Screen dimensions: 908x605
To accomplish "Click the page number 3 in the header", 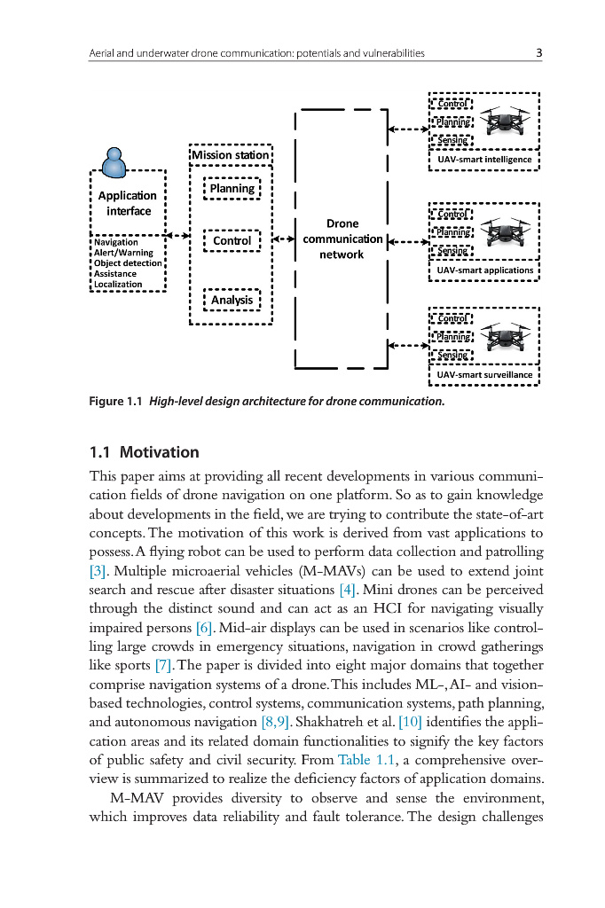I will point(539,53).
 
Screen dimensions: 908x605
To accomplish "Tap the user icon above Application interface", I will point(113,161).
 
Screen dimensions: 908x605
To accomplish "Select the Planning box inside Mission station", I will point(232,189).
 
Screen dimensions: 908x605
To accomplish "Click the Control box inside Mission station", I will point(232,240).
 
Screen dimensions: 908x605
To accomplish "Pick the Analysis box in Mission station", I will point(232,301).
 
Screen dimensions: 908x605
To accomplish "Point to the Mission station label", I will point(230,155).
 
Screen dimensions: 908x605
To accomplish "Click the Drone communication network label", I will point(342,239).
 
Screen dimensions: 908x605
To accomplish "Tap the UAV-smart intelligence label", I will point(484,160).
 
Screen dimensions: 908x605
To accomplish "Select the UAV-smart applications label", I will point(484,270).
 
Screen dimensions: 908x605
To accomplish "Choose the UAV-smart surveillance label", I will point(484,375).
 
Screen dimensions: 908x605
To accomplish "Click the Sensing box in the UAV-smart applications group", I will point(452,251).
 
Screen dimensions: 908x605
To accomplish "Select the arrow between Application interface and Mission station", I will point(178,236).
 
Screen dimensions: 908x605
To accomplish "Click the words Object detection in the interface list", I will point(128,263).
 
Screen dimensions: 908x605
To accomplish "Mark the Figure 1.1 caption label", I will point(116,402).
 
